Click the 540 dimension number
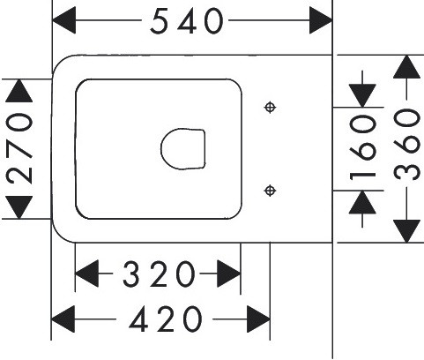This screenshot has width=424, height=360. [x=187, y=21]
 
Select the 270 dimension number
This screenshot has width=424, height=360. [x=19, y=148]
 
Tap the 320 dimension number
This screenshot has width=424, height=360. [x=159, y=274]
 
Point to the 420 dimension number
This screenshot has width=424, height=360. [x=166, y=319]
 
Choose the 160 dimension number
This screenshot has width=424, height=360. [x=362, y=147]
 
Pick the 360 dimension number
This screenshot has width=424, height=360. [x=406, y=144]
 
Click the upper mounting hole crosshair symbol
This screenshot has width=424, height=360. [x=270, y=108]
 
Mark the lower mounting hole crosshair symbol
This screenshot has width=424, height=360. [x=270, y=191]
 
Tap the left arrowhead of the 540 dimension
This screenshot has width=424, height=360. [x=63, y=20]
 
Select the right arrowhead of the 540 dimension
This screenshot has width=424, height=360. [x=321, y=20]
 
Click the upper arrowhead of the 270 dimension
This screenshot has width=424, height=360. [x=19, y=91]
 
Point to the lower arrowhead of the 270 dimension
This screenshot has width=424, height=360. [x=19, y=207]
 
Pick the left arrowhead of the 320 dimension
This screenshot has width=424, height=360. [x=86, y=274]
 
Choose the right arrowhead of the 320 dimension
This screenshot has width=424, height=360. [x=228, y=274]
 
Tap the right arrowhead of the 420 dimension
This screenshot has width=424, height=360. [x=258, y=319]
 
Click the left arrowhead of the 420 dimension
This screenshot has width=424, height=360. [x=63, y=319]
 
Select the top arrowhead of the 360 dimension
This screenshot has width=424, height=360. [x=406, y=67]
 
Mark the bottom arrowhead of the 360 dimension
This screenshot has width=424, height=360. [x=406, y=231]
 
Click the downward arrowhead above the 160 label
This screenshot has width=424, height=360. [x=362, y=95]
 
